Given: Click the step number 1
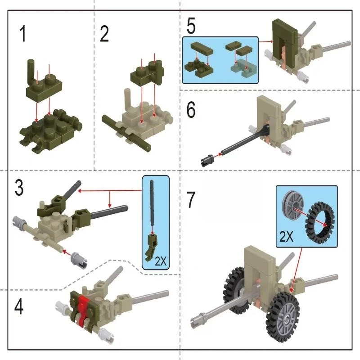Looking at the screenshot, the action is tap(22, 34).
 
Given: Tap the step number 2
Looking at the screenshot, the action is tap(104, 34).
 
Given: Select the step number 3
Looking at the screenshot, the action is tap(19, 187).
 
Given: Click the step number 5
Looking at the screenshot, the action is tap(191, 26).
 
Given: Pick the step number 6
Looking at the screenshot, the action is tap(191, 110).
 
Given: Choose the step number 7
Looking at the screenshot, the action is tap(191, 200).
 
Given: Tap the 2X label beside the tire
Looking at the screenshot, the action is tap(286, 236).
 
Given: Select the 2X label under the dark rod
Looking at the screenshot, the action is tap(161, 261).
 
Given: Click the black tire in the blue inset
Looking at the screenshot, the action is tap(320, 223).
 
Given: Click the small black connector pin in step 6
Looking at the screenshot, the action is tap(207, 160).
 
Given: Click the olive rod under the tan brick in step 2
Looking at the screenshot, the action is tap(127, 133).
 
